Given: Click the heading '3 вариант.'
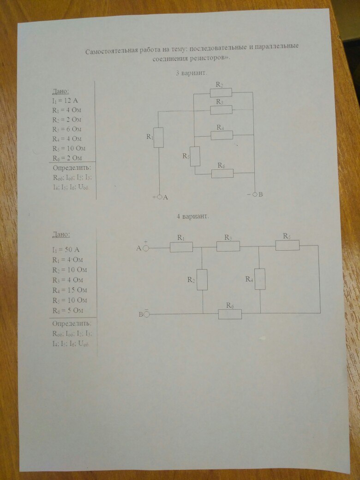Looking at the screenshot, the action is click(191, 73).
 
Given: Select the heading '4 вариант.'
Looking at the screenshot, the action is click(193, 216).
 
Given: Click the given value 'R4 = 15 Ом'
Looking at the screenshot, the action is click(70, 290).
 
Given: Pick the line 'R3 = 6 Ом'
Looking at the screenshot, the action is click(67, 129).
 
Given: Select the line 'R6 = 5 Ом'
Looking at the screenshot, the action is click(68, 310).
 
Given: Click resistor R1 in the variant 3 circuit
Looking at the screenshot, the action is click(159, 138).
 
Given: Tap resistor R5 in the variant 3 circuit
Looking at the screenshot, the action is click(195, 156).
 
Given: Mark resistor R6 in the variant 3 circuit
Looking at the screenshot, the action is click(222, 174).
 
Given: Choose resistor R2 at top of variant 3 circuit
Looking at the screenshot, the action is click(221, 93).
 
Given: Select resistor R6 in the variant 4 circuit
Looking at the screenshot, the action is click(230, 314).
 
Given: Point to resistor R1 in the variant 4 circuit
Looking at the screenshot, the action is click(181, 247).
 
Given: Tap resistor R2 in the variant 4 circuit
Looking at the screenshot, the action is click(202, 280).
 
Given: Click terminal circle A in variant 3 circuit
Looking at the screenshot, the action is click(160, 197).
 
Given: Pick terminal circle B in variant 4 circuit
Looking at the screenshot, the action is click(146, 314).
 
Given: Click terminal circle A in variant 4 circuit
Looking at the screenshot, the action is click(145, 248).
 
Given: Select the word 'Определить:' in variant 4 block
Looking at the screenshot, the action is click(72, 323).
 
